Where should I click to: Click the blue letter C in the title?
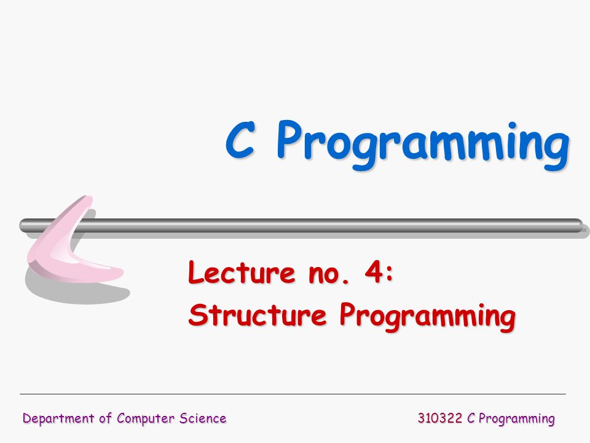click(241, 140)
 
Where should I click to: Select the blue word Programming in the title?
click(423, 145)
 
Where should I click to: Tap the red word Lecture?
click(242, 271)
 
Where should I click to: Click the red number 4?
click(374, 272)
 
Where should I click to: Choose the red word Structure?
click(257, 314)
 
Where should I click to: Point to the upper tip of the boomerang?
click(88, 197)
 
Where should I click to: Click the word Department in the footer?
click(58, 418)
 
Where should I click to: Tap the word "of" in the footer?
click(105, 418)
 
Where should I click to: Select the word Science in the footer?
click(202, 418)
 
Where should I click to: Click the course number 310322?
click(439, 418)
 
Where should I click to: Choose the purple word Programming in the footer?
click(517, 419)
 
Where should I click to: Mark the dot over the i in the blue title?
click(512, 126)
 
